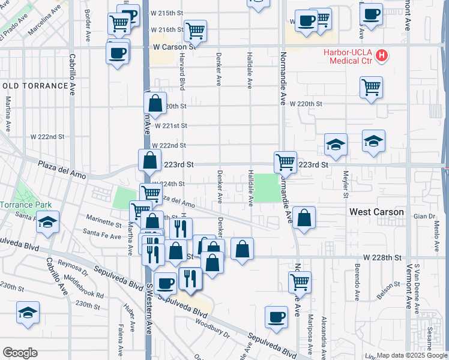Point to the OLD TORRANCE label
point(35,86)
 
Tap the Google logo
point(20,353)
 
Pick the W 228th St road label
point(385,257)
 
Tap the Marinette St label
point(103,223)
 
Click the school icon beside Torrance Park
point(47,222)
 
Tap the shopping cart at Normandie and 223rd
point(285,161)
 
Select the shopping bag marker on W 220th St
point(155,103)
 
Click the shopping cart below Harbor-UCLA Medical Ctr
point(372,86)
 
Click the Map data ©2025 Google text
point(411,355)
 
